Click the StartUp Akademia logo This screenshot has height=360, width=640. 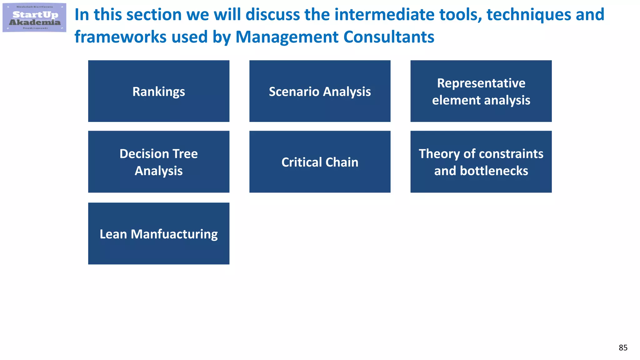click(34, 17)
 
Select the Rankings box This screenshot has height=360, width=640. click(159, 91)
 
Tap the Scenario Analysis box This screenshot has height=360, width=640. click(320, 91)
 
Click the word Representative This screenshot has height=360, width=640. click(481, 83)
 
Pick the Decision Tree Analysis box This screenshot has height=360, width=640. click(159, 162)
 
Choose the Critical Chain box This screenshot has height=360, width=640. click(320, 162)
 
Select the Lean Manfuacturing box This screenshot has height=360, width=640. click(159, 234)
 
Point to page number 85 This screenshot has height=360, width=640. click(623, 347)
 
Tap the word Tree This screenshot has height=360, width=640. click(185, 154)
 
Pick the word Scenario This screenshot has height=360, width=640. click(294, 92)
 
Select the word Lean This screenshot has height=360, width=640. click(113, 234)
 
